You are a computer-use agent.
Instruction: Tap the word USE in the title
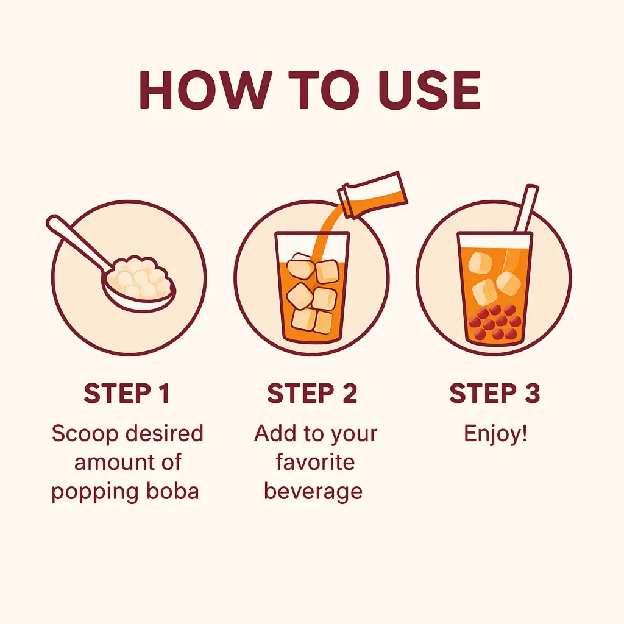click(x=430, y=90)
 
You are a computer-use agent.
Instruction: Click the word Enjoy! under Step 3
click(x=495, y=434)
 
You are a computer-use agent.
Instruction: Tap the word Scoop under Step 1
click(x=85, y=433)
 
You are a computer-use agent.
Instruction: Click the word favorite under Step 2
click(x=315, y=462)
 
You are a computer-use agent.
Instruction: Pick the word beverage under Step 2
click(x=313, y=492)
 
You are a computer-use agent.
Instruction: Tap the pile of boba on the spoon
click(x=142, y=277)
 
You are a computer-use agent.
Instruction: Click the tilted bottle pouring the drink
click(x=372, y=194)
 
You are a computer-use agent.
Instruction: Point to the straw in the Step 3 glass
click(x=526, y=209)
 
